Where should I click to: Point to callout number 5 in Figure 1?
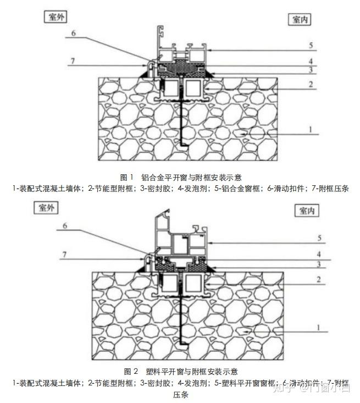(x=310, y=45)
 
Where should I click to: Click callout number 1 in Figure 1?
(x=310, y=130)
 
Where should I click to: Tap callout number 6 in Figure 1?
(x=74, y=34)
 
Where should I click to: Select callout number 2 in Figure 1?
(x=310, y=84)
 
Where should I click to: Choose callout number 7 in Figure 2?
(x=66, y=255)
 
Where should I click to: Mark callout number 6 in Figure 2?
(x=66, y=225)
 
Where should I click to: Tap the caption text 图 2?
(x=131, y=372)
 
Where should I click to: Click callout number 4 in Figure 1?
(x=310, y=61)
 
